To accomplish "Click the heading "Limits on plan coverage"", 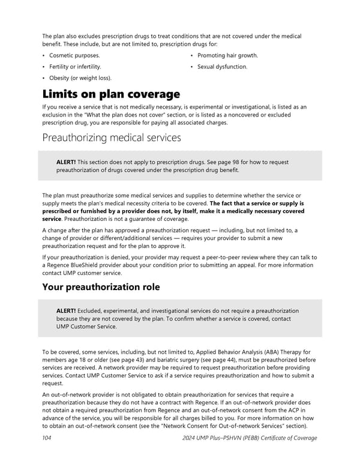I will point(111,94).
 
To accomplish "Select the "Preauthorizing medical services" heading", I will point(112,138).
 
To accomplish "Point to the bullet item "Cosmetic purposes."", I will point(74,55).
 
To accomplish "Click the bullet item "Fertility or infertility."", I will point(75,67).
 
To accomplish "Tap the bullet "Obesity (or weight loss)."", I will point(80,78).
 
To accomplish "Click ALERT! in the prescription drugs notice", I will point(66,162).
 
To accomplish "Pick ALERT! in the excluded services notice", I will point(66,310).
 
